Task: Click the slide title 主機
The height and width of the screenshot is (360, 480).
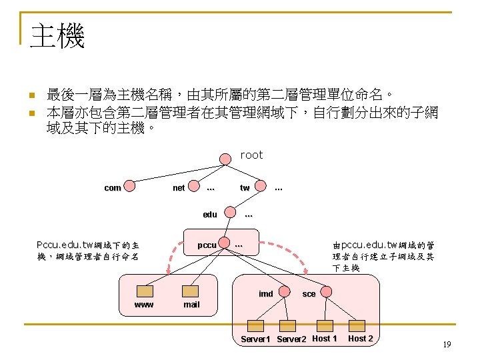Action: [58, 36]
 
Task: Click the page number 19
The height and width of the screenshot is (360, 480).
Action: [447, 344]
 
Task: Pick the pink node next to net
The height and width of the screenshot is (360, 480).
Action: [195, 187]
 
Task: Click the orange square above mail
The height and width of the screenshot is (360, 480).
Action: [191, 291]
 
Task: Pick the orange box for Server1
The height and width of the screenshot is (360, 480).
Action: [255, 326]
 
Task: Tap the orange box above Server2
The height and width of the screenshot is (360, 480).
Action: [287, 326]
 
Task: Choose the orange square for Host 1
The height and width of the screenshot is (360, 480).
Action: [325, 325]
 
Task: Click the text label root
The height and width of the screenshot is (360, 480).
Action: [251, 155]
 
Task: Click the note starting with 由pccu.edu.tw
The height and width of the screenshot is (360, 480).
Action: [383, 257]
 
